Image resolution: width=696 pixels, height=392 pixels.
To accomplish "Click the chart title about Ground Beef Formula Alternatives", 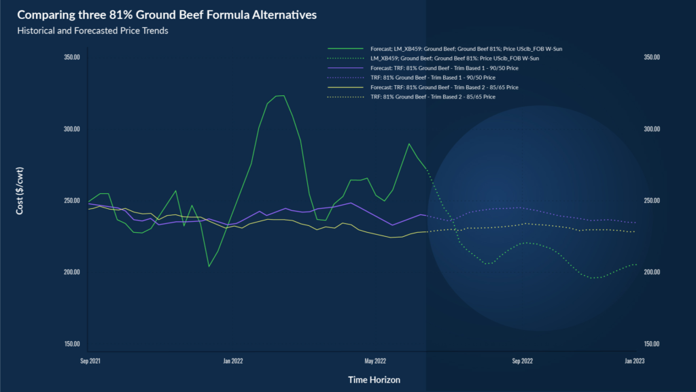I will click(167, 14).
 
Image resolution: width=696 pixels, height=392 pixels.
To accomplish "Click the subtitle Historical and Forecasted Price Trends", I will click(92, 31).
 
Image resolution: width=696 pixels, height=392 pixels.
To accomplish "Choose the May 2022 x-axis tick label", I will click(375, 361).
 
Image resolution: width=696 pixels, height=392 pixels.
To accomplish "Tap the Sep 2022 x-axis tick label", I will click(522, 361).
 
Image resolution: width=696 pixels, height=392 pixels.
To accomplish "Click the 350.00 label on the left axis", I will click(72, 57).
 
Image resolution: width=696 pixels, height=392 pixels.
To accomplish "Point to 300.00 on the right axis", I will click(652, 129).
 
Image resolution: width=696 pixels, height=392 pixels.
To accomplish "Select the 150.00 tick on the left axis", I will click(72, 344).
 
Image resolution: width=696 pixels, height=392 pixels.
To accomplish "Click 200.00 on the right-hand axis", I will click(652, 272).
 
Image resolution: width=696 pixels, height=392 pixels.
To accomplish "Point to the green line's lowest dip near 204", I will click(209, 266).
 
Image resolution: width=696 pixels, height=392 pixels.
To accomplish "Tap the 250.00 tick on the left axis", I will click(72, 201).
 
